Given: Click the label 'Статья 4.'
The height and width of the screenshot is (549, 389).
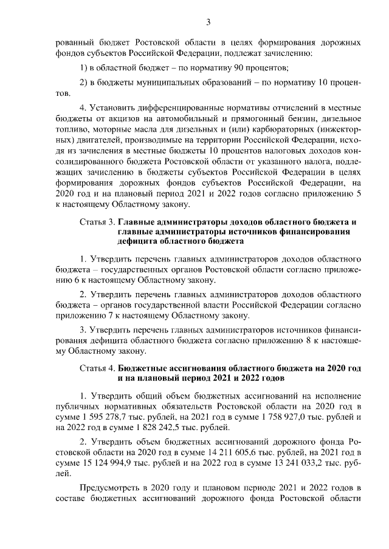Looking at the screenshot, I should (x=97, y=369).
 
